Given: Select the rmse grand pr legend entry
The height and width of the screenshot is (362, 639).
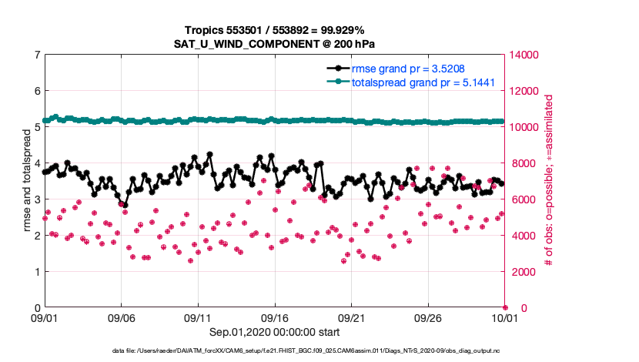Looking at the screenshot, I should (x=407, y=68).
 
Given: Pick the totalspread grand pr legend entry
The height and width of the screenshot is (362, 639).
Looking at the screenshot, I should (x=423, y=82).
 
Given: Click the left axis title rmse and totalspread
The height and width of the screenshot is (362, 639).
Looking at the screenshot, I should (x=26, y=181).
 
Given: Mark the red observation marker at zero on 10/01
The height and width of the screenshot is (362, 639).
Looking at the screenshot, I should (x=505, y=308).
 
